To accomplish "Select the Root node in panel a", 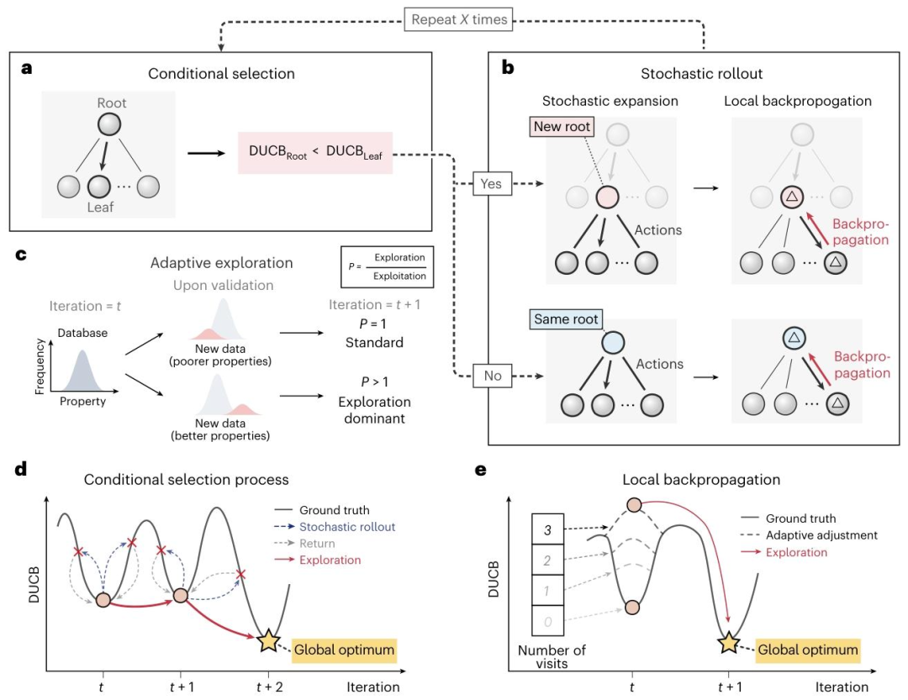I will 112,125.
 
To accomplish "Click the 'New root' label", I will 561,127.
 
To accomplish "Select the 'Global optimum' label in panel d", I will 344,650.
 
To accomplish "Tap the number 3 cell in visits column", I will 546,530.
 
